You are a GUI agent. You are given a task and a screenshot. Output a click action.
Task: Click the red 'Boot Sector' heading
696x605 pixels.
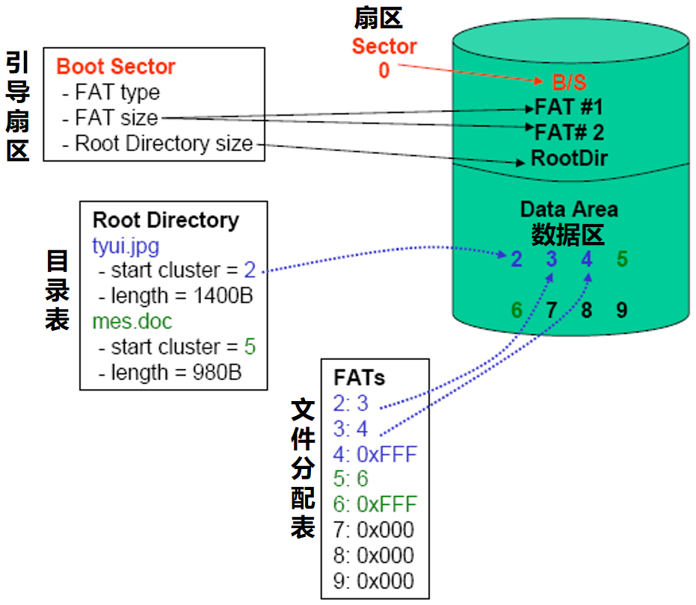coord(116,66)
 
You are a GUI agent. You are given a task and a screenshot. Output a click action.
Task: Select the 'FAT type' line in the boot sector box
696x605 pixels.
coord(111,93)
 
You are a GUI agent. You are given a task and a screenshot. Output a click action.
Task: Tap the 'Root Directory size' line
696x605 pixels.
coord(158,143)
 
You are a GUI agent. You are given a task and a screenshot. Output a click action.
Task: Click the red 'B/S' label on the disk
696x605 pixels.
coord(569,82)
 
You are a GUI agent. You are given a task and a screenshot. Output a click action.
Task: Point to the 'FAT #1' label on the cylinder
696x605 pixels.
coord(569,107)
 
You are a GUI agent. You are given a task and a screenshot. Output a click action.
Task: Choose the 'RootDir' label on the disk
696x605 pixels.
coord(569,158)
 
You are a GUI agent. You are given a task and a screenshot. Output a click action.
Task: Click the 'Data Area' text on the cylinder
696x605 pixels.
coord(569,209)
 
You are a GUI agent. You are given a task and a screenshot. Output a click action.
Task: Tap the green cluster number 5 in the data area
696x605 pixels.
coord(622,258)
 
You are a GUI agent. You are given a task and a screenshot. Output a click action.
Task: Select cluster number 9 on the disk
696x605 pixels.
coord(622,310)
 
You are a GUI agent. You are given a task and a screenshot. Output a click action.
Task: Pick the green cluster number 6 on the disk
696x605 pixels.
coord(517,310)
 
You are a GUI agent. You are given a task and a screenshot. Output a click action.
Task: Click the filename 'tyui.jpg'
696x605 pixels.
coord(126,246)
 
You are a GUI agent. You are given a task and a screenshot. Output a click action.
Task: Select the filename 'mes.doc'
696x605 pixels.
coord(132,322)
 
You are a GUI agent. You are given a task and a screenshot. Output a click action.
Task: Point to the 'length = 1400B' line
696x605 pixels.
coord(176,296)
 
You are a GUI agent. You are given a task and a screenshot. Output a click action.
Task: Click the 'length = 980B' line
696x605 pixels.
coord(170,373)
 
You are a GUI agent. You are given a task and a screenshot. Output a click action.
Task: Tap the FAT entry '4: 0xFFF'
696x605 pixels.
coord(375,454)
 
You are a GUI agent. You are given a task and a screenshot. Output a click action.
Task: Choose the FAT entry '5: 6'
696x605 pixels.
coord(351,479)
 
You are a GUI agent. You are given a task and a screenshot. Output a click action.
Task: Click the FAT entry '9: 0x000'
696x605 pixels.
coord(374,581)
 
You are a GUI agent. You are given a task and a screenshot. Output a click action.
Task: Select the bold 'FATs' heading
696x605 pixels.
coord(359,378)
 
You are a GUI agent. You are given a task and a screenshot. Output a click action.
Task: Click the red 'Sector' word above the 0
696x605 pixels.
coord(384,46)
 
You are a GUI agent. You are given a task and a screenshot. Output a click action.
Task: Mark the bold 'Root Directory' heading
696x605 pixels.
coord(165,220)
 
